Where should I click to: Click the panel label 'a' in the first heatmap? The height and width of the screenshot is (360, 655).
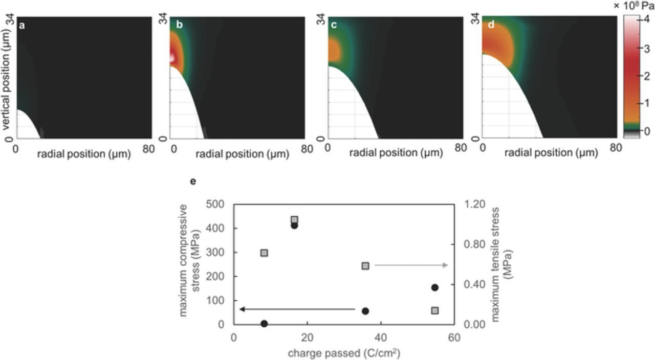[x=22, y=25]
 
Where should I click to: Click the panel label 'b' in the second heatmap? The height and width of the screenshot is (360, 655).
[x=179, y=25]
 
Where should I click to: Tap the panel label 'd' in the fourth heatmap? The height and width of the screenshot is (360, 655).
[x=491, y=25]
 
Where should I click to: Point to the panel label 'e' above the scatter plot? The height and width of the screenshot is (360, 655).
[x=193, y=181]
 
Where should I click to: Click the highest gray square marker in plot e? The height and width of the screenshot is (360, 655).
[x=294, y=220]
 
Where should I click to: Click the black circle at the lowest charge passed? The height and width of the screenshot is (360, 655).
[x=264, y=323]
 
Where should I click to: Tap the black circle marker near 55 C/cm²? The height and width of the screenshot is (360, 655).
[x=435, y=287]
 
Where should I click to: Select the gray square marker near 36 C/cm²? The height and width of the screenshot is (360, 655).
[x=365, y=266]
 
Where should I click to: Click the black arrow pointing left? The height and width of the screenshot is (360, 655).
[x=297, y=309]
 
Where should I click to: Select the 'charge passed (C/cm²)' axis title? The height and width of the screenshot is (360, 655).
[x=343, y=353]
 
